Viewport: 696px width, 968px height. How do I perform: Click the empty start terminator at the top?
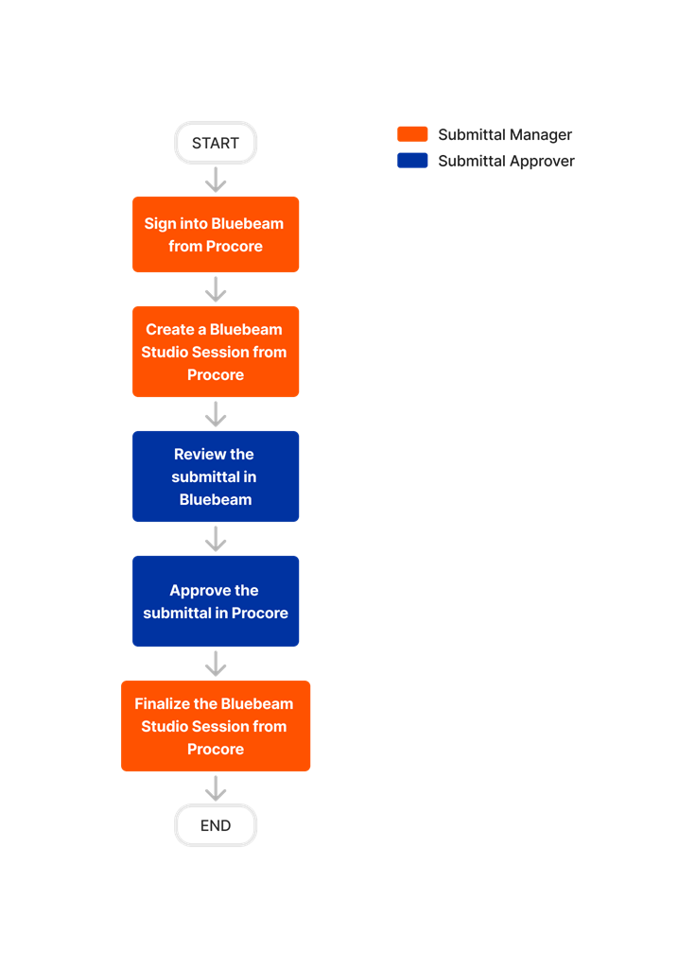click(216, 143)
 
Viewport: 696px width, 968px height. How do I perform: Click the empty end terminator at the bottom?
click(216, 825)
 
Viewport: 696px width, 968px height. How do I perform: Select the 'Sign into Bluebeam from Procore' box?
click(216, 234)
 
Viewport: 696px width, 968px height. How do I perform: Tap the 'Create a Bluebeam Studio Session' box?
click(216, 352)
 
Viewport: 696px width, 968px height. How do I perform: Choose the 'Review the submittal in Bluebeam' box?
click(216, 476)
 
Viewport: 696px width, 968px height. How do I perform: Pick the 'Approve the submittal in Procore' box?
click(216, 601)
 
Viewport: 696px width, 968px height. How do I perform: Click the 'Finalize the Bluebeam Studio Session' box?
click(216, 726)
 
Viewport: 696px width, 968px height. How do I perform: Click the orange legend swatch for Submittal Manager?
click(412, 134)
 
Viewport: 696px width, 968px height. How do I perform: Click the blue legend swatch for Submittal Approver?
click(412, 161)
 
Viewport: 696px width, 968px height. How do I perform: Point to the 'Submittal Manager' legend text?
click(505, 135)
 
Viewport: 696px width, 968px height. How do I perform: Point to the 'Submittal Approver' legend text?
click(506, 162)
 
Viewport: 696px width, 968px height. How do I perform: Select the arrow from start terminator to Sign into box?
click(216, 180)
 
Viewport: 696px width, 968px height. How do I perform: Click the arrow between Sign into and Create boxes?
click(216, 289)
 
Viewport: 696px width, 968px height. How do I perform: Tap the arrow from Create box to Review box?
click(216, 414)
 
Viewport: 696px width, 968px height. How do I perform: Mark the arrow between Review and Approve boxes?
click(216, 539)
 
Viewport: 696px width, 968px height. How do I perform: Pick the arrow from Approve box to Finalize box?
click(216, 664)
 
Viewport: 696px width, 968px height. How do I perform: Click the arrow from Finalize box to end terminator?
click(216, 788)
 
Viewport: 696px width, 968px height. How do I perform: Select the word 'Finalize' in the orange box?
click(165, 703)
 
